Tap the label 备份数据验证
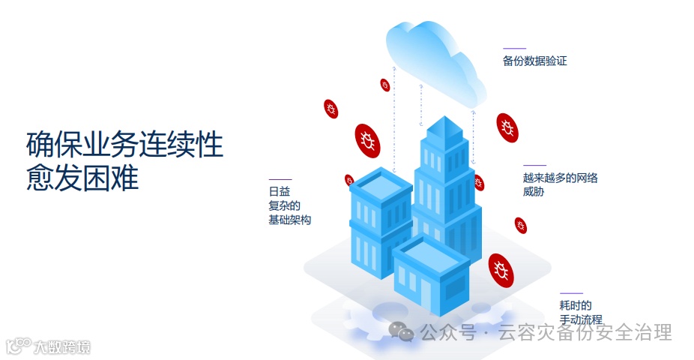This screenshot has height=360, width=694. point(534,61)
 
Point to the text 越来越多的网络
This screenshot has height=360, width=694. point(560,178)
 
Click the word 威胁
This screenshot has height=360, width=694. point(533,192)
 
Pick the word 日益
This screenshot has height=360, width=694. point(279,191)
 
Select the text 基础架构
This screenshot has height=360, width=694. point(289,220)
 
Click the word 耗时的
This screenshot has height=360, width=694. point(575,305)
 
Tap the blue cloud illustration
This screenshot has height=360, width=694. point(435,56)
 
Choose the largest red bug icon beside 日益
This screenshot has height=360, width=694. point(367,140)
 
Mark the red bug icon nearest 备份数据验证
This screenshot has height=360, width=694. point(507,127)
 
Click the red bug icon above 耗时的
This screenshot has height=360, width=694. point(501,270)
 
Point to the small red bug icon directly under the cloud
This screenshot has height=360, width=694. point(385,85)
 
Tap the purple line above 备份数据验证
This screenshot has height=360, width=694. point(514,49)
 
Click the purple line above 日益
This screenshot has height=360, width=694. point(280,179)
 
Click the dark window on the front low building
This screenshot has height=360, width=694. point(454,288)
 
